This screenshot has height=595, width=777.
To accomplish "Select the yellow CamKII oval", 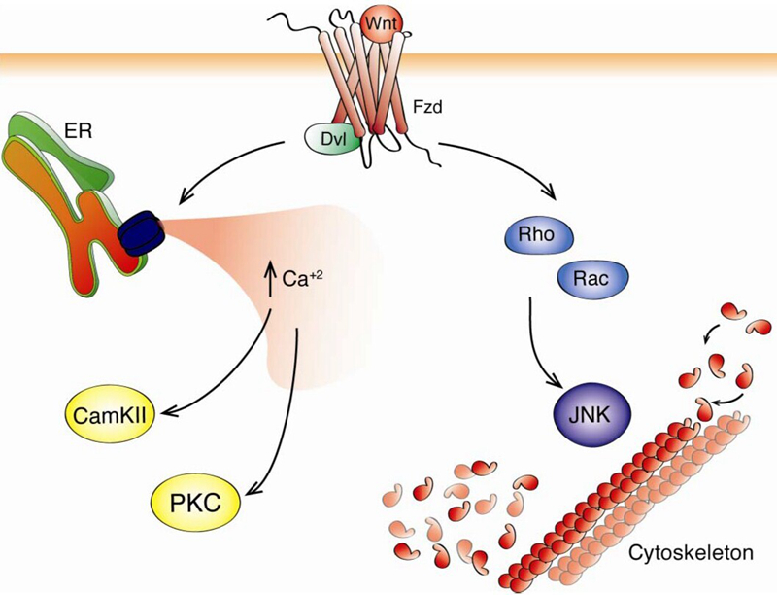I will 109,414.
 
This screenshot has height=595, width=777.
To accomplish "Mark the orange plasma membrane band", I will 146,63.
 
